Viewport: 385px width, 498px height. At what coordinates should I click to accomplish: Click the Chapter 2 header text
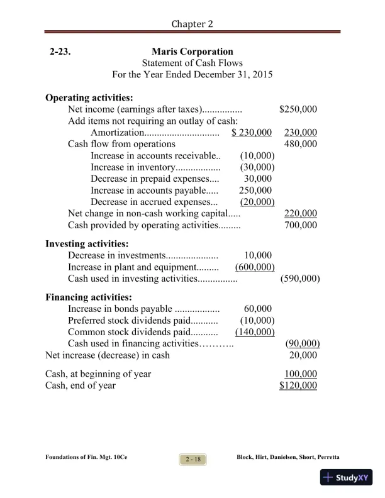coord(192,23)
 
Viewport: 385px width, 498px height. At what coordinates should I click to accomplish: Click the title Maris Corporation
coord(192,52)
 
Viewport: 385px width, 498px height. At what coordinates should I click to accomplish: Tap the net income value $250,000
coord(298,109)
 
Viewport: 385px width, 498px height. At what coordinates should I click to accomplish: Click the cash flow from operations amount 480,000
coord(301,144)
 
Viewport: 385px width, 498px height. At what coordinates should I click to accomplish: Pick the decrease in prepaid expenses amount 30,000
coord(258,179)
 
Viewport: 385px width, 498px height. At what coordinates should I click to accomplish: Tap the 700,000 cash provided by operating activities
coord(301,224)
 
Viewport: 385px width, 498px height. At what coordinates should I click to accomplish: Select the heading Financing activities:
coord(89,297)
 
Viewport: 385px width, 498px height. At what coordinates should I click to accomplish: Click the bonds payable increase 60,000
coord(258,309)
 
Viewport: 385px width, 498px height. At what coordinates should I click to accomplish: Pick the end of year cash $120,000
coord(298,385)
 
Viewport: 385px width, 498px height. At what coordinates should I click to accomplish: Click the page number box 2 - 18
coord(192,460)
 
